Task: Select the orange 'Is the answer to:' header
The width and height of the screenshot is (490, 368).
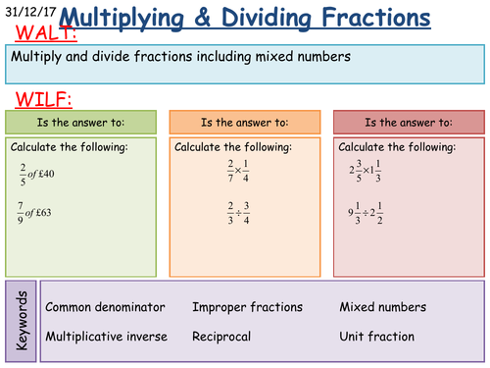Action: (x=244, y=123)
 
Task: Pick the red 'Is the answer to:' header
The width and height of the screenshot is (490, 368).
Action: (x=408, y=123)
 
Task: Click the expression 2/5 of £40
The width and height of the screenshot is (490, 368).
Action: (x=38, y=172)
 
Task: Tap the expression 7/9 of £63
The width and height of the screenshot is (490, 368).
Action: (x=38, y=212)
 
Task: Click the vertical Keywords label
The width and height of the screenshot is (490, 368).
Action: (x=24, y=322)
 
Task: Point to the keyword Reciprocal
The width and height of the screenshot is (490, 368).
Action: (x=221, y=337)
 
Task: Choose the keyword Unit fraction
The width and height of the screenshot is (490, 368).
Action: (x=377, y=337)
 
